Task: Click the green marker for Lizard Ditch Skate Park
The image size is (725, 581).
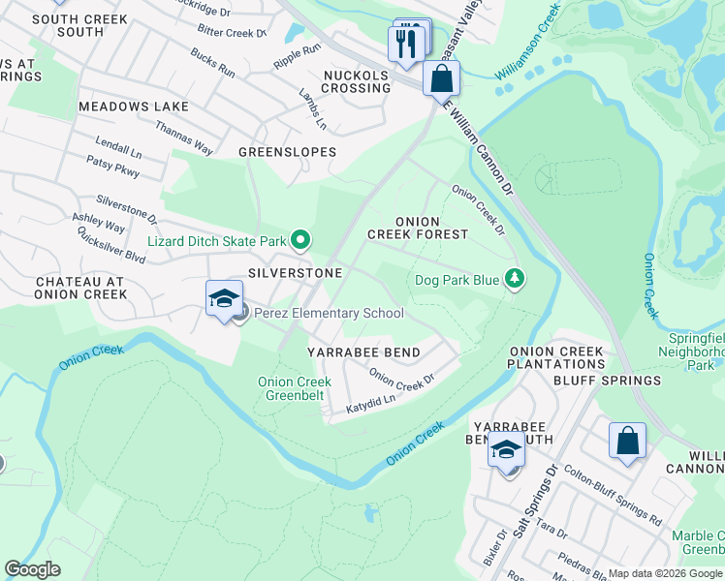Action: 300,239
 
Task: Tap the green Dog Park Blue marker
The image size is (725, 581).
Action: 515,280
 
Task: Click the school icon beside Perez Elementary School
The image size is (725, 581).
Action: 223,299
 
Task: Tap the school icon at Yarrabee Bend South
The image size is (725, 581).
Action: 505,451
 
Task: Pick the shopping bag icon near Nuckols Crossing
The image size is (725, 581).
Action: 441,79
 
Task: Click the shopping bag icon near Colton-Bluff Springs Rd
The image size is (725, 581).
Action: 627,441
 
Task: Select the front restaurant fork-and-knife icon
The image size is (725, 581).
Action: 405,45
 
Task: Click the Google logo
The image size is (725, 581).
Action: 32,569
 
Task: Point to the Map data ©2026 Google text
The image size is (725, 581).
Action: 665,573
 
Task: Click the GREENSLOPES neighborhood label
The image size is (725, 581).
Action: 287,152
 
